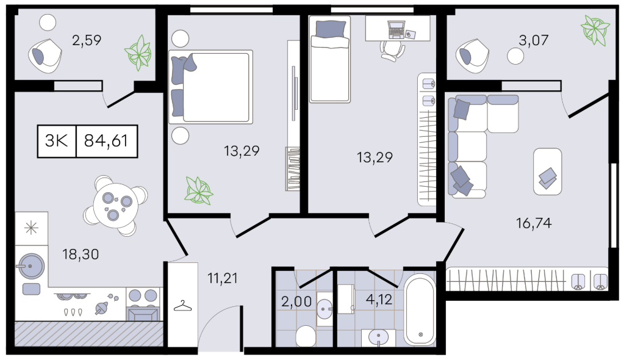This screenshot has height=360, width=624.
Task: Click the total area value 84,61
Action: tap(106, 141)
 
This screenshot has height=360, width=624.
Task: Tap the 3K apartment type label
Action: tap(57, 141)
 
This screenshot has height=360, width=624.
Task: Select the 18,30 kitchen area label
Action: tap(81, 254)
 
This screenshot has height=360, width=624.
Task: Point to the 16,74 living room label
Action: tap(534, 223)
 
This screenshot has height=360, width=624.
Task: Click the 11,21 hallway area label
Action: tap(223, 278)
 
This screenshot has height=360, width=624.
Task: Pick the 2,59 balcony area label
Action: tap(87, 40)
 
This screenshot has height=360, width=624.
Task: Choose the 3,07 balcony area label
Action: tap(534, 40)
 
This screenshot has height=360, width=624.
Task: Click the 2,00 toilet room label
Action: tap(296, 301)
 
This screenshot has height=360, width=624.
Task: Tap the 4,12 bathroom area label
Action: tap(379, 299)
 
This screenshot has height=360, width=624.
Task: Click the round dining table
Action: tap(116, 206)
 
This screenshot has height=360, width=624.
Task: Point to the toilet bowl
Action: tap(306, 336)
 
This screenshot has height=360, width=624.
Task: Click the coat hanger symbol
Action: tap(182, 306)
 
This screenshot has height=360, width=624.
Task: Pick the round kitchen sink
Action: tap(30, 265)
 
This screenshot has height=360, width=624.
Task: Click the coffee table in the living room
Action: tap(548, 171)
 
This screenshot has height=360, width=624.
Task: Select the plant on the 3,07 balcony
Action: tap(595, 29)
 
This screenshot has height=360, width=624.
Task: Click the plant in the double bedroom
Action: tap(199, 190)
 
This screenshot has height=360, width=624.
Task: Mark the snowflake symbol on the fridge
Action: tap(31, 228)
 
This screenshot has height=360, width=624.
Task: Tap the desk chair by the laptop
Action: tap(392, 51)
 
